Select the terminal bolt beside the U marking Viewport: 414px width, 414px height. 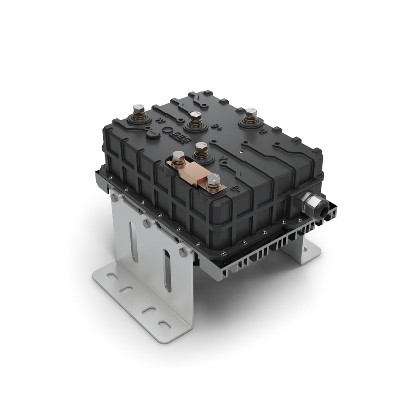tap(249, 114)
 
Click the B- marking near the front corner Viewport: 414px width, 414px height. tap(235, 189)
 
